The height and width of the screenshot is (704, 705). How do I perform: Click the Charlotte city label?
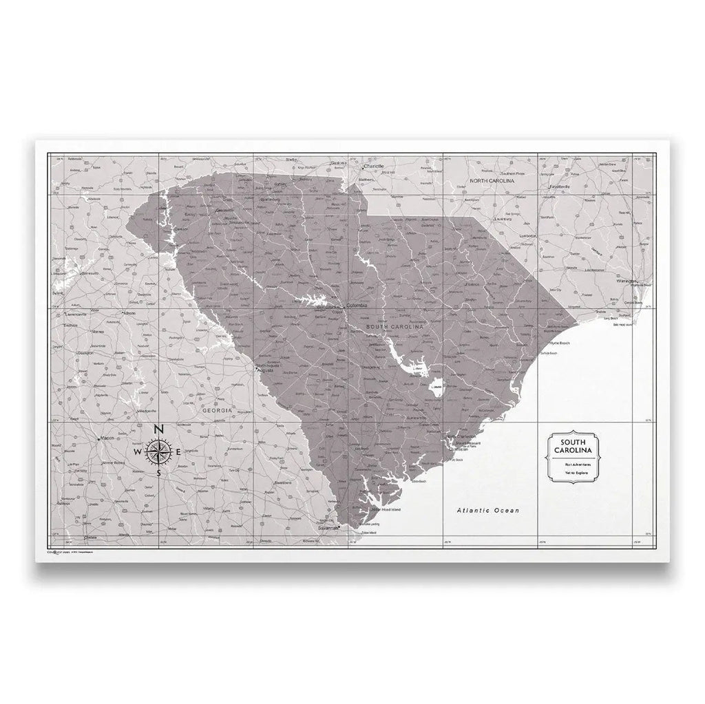coord(374,167)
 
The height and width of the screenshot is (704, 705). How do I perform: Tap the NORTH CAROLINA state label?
coord(493,180)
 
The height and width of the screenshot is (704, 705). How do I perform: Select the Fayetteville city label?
coord(558,186)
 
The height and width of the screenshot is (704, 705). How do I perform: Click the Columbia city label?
coord(357,305)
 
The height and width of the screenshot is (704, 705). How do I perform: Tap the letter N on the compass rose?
coord(158,430)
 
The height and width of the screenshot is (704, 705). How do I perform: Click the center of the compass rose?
coord(158,452)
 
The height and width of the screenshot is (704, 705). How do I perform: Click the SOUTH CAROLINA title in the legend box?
coord(574,446)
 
